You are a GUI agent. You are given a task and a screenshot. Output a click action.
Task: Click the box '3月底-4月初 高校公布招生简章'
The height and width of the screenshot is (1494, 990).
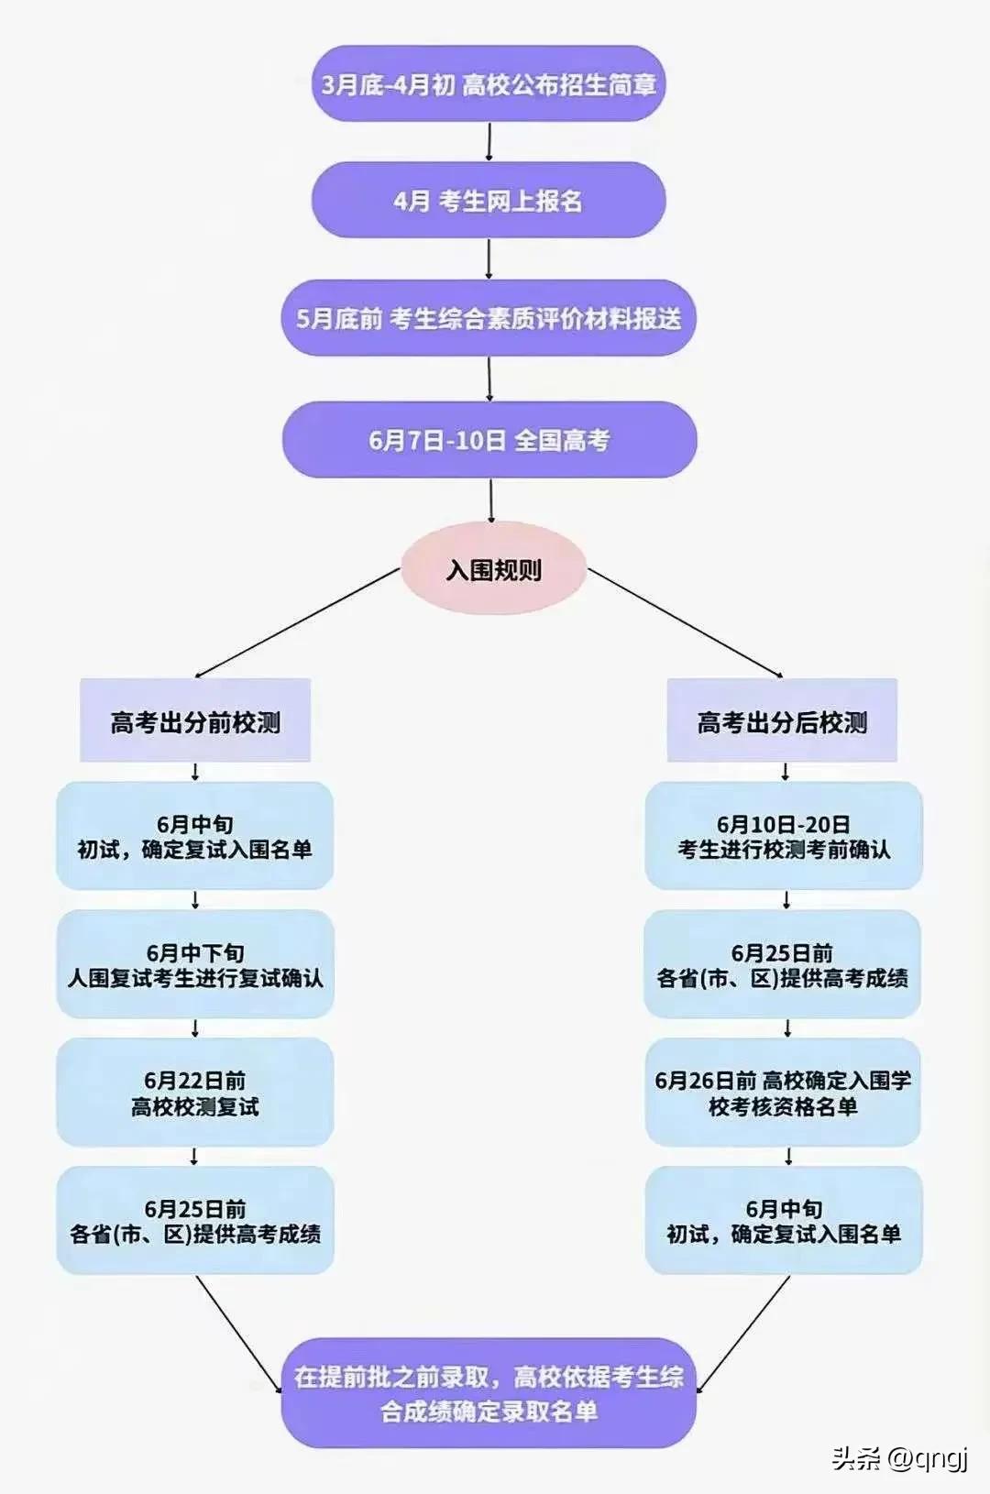pyautogui.click(x=489, y=84)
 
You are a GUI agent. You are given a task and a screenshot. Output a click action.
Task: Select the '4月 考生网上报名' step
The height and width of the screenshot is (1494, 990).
pyautogui.click(x=489, y=201)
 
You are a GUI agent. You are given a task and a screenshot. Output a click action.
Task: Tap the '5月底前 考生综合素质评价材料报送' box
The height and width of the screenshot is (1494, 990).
pyautogui.click(x=489, y=319)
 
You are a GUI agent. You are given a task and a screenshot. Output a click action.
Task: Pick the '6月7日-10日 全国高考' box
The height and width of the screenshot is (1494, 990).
pyautogui.click(x=489, y=440)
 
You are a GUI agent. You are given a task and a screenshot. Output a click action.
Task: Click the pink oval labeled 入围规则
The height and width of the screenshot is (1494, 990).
pyautogui.click(x=493, y=569)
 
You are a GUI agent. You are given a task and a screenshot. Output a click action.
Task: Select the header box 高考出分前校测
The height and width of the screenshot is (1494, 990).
pyautogui.click(x=195, y=721)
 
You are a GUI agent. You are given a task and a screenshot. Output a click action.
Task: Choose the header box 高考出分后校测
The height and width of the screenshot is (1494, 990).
pyautogui.click(x=782, y=721)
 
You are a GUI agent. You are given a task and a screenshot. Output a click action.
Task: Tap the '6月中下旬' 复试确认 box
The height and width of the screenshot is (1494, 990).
pyautogui.click(x=195, y=964)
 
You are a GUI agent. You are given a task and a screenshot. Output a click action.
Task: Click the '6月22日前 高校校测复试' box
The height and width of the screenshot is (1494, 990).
pyautogui.click(x=195, y=1093)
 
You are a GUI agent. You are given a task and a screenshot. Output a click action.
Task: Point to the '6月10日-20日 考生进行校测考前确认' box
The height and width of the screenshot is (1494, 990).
pyautogui.click(x=784, y=836)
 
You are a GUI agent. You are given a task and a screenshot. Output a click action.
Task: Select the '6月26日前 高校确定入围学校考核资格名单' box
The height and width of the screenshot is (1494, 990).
pyautogui.click(x=784, y=1093)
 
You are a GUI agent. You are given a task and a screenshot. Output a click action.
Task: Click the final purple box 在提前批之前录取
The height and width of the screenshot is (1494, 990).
pyautogui.click(x=489, y=1393)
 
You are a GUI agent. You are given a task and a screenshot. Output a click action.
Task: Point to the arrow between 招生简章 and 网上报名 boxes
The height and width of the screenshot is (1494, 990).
pyautogui.click(x=489, y=142)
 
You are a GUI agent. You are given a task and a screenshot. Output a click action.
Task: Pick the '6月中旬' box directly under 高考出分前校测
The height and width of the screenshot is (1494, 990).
pyautogui.click(x=195, y=836)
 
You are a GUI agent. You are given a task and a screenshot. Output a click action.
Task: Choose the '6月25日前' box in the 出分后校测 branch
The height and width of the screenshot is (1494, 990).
pyautogui.click(x=784, y=964)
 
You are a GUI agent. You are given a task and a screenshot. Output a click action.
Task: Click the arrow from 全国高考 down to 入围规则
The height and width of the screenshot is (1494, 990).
pyautogui.click(x=491, y=500)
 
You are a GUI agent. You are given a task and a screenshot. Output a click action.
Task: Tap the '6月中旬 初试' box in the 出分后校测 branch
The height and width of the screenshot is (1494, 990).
pyautogui.click(x=784, y=1221)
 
